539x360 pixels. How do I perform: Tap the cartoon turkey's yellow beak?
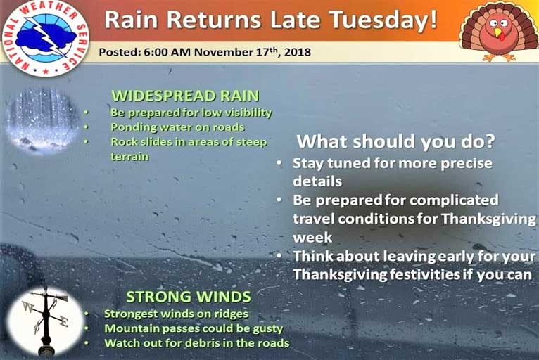[497, 32]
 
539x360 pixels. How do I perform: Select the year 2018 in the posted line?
[298, 52]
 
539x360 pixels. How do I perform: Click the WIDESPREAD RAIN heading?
[185, 96]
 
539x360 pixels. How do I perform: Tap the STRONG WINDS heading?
[189, 297]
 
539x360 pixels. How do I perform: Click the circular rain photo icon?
[42, 120]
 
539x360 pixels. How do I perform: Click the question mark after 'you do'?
[489, 141]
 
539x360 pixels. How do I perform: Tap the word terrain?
[129, 157]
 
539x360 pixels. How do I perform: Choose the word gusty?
[268, 329]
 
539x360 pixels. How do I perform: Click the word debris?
[203, 343]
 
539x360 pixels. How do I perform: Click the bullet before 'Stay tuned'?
[280, 163]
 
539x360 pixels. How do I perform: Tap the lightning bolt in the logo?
[46, 35]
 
